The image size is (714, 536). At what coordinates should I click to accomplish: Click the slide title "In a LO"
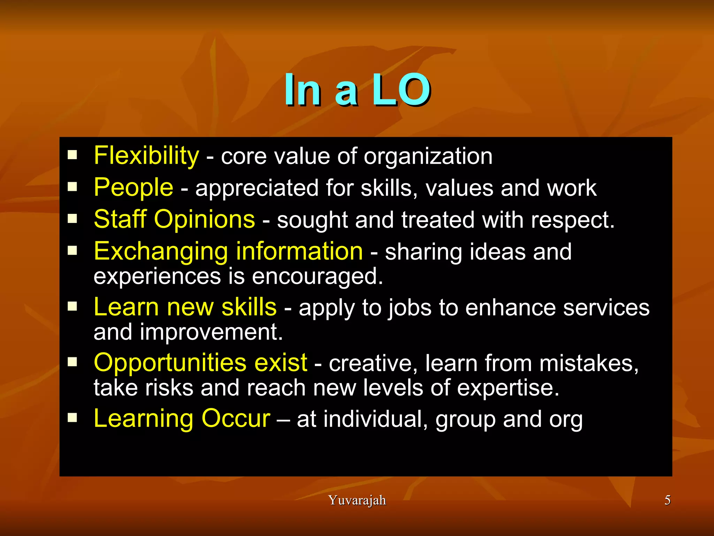coord(357,90)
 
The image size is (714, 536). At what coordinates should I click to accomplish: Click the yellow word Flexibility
coord(146,156)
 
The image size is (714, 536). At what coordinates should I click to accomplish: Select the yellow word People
coord(134,187)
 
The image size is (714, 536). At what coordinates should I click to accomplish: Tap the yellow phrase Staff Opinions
coord(174,219)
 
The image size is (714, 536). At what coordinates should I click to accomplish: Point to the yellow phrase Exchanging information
coord(228,251)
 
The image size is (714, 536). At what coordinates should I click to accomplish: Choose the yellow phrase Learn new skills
coord(185,307)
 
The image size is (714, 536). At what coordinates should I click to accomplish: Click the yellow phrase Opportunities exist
coord(200,363)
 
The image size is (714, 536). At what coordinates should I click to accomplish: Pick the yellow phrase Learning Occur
coord(182,418)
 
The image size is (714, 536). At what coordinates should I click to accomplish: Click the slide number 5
coord(667,500)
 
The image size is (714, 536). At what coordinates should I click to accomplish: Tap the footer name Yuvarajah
coord(357,500)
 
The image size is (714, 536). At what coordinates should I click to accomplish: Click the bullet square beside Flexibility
coord(73,155)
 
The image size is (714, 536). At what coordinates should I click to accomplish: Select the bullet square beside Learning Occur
coord(73,418)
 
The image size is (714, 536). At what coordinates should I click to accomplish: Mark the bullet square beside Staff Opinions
coord(73,219)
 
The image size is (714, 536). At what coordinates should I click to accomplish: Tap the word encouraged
coord(317,276)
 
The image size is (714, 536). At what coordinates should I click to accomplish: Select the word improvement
coord(211,332)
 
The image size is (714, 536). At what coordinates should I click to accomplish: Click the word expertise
coord(508,388)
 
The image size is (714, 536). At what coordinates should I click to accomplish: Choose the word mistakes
coord(589,363)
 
